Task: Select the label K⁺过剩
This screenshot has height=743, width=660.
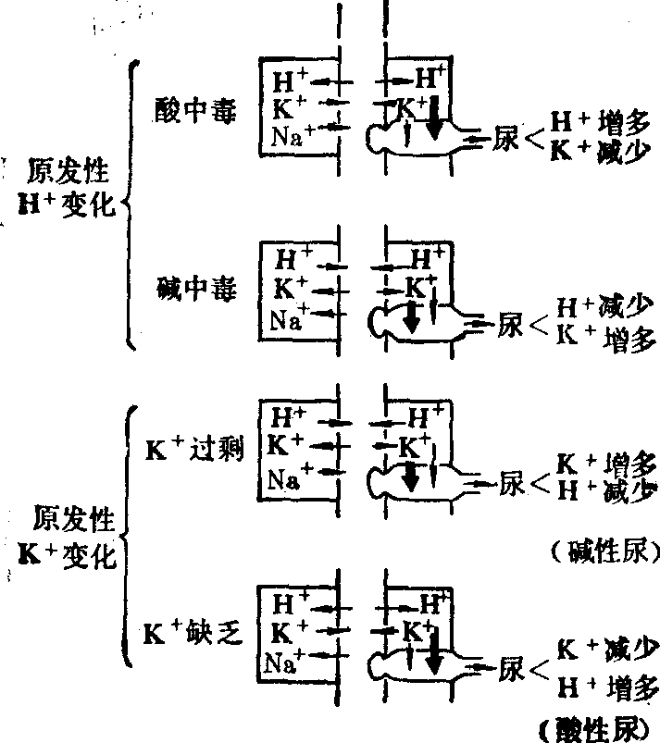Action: click(x=193, y=451)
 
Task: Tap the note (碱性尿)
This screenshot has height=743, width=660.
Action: click(x=603, y=552)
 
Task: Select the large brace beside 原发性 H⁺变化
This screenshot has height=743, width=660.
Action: click(x=132, y=204)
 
